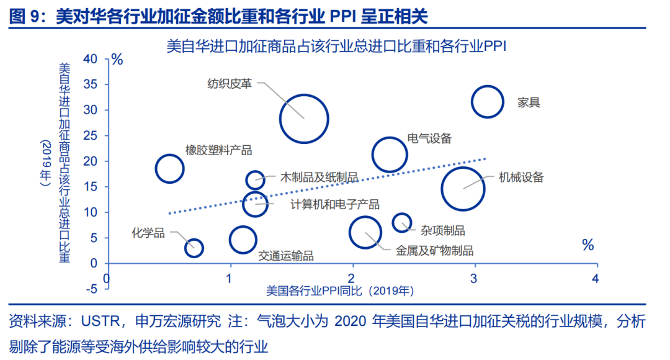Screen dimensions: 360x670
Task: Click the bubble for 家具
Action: point(487,102)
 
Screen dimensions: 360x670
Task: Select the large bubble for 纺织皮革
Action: point(303,119)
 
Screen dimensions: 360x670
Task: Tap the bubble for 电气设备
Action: point(390,155)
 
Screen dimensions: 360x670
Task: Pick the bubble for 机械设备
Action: point(463,188)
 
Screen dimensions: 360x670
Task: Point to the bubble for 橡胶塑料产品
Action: point(169,168)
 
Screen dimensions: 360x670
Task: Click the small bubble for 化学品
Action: point(194,248)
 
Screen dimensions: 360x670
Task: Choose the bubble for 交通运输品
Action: point(243,240)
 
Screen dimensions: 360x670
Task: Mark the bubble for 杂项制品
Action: point(402,222)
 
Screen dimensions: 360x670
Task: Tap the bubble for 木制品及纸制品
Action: point(255,180)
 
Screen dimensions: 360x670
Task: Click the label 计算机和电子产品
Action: point(335,204)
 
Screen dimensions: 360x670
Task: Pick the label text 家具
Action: point(529,102)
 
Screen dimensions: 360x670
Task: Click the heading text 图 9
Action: point(25,16)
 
